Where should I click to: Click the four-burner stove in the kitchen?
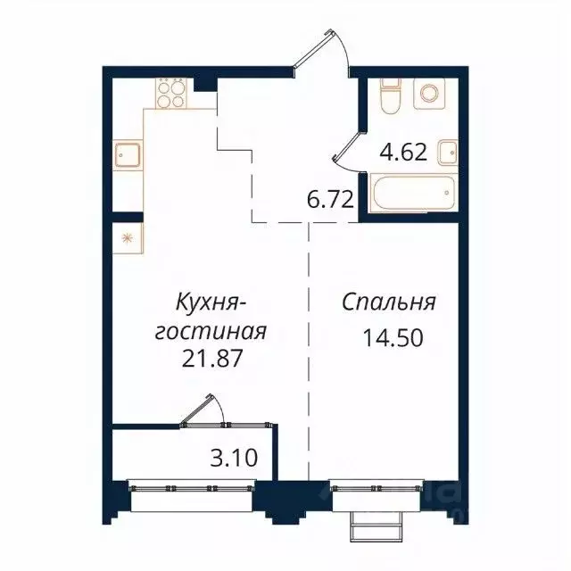tap(171, 93)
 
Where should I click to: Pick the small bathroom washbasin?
tap(449, 152)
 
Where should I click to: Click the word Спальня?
tap(389, 302)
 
